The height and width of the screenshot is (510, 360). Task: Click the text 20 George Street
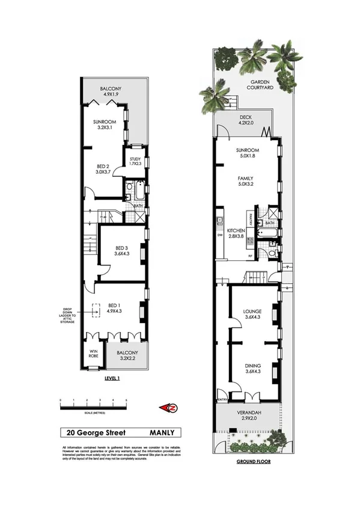[x=93, y=432]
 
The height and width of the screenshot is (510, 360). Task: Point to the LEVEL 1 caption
[x=112, y=378]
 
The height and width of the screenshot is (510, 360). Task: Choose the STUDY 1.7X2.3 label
[x=134, y=161]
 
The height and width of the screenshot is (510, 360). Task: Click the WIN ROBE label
[x=93, y=355]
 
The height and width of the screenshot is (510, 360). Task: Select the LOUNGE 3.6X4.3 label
[x=252, y=314]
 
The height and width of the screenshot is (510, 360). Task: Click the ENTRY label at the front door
[x=222, y=399]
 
